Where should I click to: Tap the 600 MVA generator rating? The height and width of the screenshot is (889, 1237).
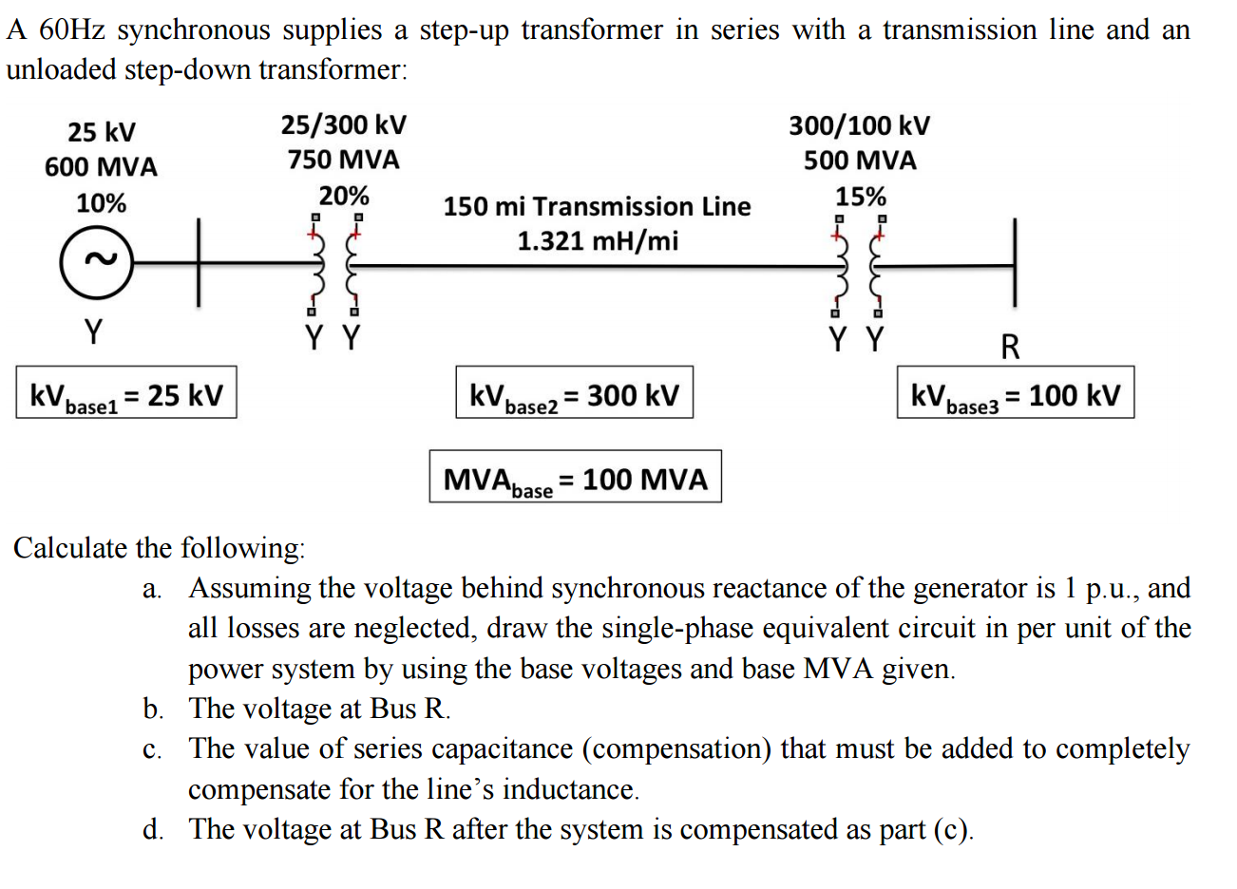point(101,167)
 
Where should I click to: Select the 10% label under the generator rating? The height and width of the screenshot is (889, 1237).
point(101,203)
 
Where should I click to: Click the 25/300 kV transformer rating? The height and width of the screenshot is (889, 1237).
point(343,124)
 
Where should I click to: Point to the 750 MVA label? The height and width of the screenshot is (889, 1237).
point(343,160)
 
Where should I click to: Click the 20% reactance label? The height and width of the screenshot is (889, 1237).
point(343,196)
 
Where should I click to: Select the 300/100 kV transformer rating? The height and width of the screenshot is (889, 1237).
point(859,125)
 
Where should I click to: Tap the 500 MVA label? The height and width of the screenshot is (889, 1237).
point(860,161)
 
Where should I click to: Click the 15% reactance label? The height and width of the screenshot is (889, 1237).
point(860,197)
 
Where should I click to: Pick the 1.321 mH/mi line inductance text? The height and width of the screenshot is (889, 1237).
point(598,241)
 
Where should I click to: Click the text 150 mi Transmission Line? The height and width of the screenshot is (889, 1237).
point(597,206)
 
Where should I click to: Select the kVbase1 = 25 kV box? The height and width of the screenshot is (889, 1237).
point(126,393)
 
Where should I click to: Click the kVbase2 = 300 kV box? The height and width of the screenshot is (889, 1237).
point(575,393)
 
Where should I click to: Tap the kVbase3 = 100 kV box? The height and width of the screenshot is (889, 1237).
point(1016,393)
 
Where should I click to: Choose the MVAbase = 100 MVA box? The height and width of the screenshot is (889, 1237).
point(575,477)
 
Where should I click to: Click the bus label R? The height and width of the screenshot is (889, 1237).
point(1010,347)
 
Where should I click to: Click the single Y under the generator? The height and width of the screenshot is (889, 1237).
point(93,332)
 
